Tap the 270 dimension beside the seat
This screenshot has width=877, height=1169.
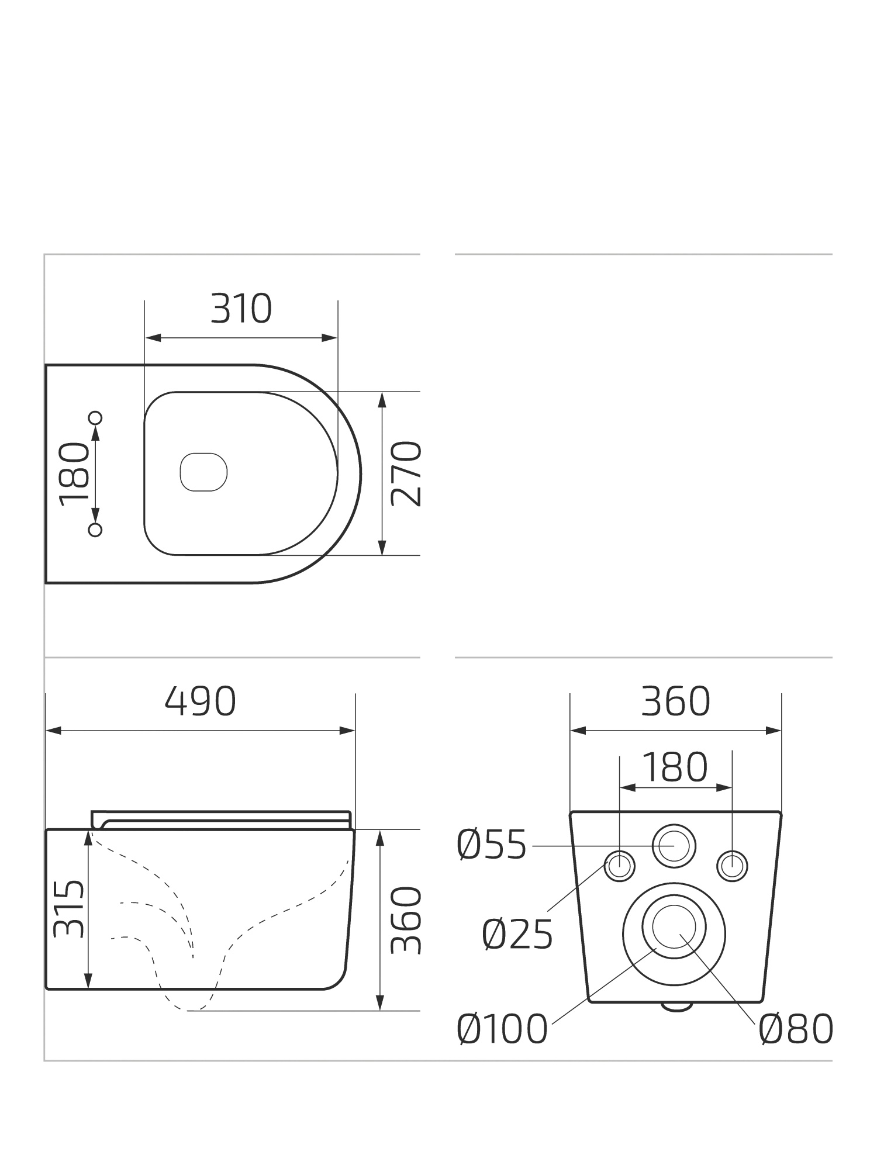[x=406, y=473]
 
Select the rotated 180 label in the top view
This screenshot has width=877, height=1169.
[x=75, y=473]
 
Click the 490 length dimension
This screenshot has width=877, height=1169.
[x=201, y=701]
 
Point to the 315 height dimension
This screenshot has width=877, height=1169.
[x=69, y=909]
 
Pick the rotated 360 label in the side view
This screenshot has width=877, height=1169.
[x=406, y=921]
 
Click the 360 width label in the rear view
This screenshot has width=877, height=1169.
[x=675, y=701]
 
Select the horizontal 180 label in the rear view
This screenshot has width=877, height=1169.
[x=675, y=767]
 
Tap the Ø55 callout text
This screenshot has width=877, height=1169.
[x=492, y=845]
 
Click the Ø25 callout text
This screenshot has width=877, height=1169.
[x=517, y=935]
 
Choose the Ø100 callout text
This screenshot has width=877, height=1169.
[x=502, y=1029]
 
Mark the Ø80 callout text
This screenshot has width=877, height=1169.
[x=796, y=1029]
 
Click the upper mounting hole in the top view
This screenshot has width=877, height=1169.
[x=95, y=417]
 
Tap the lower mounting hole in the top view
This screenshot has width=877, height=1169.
[x=95, y=530]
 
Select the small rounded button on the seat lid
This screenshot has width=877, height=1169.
[x=203, y=472]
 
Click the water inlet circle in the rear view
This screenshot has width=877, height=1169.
[x=674, y=846]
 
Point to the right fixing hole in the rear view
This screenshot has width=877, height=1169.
[x=732, y=866]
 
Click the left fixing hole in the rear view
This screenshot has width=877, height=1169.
[x=619, y=866]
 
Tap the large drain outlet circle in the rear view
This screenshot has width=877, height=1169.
[x=674, y=933]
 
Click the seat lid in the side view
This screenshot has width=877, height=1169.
[x=222, y=819]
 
